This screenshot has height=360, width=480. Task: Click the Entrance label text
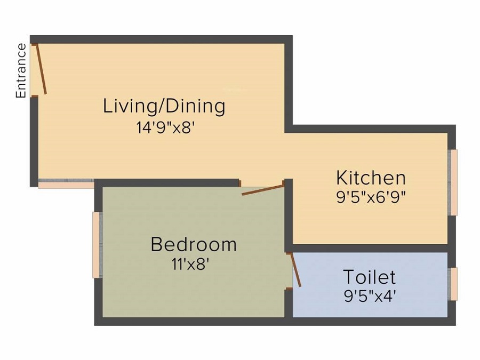tap(21, 70)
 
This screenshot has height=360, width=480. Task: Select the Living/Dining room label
tap(164, 106)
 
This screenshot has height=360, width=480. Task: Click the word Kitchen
tap(371, 177)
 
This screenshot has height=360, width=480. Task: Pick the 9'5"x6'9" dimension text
tap(371, 196)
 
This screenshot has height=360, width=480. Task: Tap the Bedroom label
tap(194, 244)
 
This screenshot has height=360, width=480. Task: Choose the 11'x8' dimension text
tap(193, 263)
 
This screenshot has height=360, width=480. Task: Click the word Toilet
tap(369, 277)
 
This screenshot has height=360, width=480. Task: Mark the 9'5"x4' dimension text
tap(370, 296)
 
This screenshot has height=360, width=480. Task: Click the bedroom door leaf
tap(262, 190)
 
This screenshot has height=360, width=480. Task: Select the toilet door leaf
tap(294, 269)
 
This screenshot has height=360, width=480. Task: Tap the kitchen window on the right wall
tap(454, 182)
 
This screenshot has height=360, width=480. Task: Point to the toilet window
tap(454, 284)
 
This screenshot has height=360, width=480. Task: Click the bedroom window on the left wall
tap(97, 245)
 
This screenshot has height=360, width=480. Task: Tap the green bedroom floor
tap(160, 288)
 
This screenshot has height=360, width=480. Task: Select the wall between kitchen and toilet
tap(368, 248)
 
